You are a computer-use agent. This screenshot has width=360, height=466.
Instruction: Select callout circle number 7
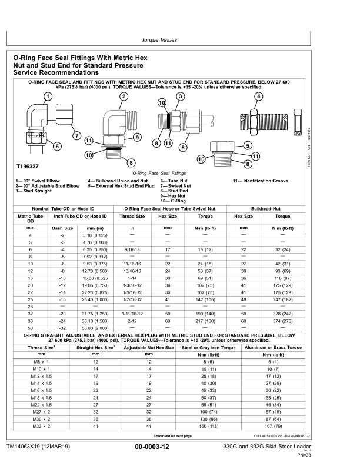point(76,136)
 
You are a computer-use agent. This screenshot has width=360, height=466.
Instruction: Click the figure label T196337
point(27,167)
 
